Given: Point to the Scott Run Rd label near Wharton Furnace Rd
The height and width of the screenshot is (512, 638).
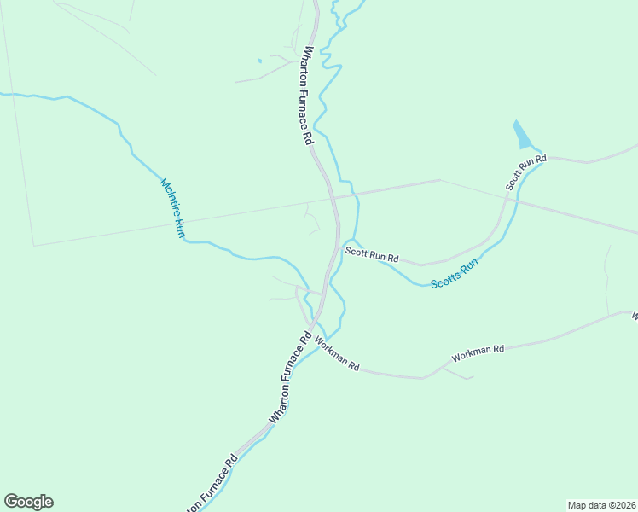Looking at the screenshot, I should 372,254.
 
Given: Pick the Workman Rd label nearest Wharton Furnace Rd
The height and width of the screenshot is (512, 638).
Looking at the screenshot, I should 337,353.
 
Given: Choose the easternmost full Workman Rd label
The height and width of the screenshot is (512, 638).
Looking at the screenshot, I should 478,350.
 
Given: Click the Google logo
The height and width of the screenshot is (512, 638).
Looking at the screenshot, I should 28,502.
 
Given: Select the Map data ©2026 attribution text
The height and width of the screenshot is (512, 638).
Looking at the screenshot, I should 600,504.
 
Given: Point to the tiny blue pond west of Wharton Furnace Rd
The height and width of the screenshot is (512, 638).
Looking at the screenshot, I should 259,61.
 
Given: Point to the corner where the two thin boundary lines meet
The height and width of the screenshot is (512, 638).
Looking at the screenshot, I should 33,246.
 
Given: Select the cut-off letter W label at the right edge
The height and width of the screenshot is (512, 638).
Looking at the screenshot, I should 635,317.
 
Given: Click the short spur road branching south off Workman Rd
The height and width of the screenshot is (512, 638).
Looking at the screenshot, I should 459,374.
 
